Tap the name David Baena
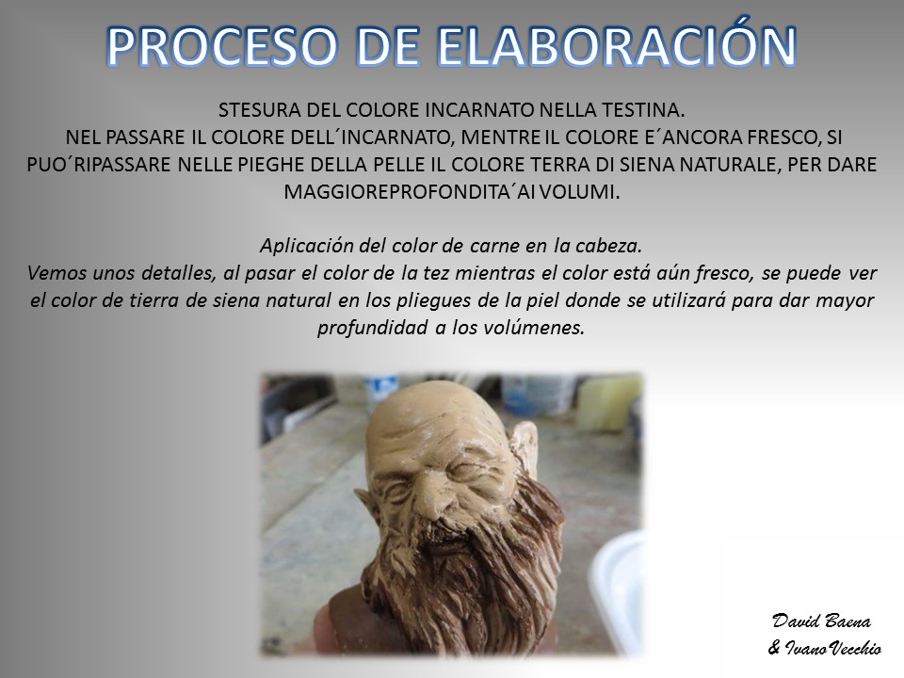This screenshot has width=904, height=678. pos(821,621)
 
